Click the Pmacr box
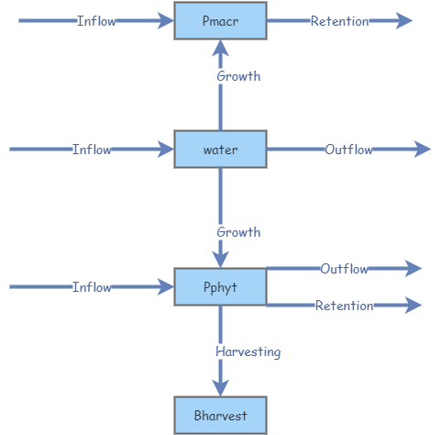pos(220,21)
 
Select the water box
pos(220,150)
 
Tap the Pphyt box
pos(220,287)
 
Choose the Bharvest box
pos(220,416)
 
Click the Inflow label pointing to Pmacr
pos(96,21)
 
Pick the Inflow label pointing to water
pos(92,150)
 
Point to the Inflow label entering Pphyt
pos(92,287)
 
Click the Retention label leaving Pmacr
pos(339,21)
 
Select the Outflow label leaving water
pos(348,150)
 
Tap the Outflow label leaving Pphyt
pos(344,269)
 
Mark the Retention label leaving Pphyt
pos(344,306)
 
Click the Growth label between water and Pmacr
pos(238,76)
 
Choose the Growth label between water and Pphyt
pos(238,232)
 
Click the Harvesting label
pos(248,351)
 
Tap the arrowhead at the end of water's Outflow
pos(422,150)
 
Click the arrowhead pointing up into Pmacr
pos(220,48)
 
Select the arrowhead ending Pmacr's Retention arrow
pos(404,21)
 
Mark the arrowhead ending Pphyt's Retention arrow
pos(413,306)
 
